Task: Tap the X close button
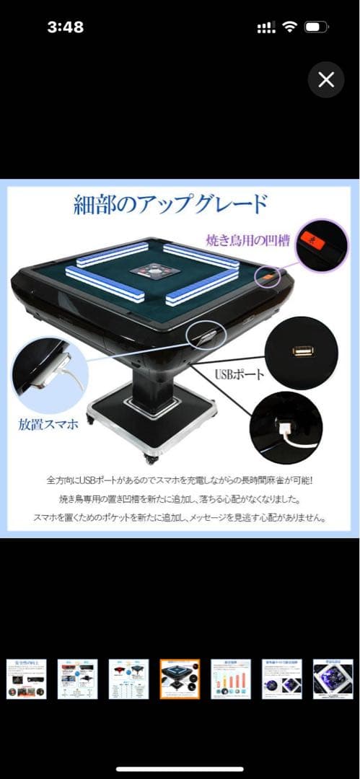click(x=326, y=79)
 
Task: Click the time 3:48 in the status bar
click(x=65, y=27)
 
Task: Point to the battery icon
click(x=316, y=27)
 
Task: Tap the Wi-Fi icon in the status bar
click(x=290, y=27)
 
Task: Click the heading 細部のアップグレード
click(x=170, y=205)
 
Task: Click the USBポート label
click(x=240, y=375)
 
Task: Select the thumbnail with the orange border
click(x=180, y=678)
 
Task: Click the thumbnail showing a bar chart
click(x=231, y=678)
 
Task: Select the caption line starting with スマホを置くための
click(x=180, y=517)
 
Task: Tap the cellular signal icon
click(x=266, y=27)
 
